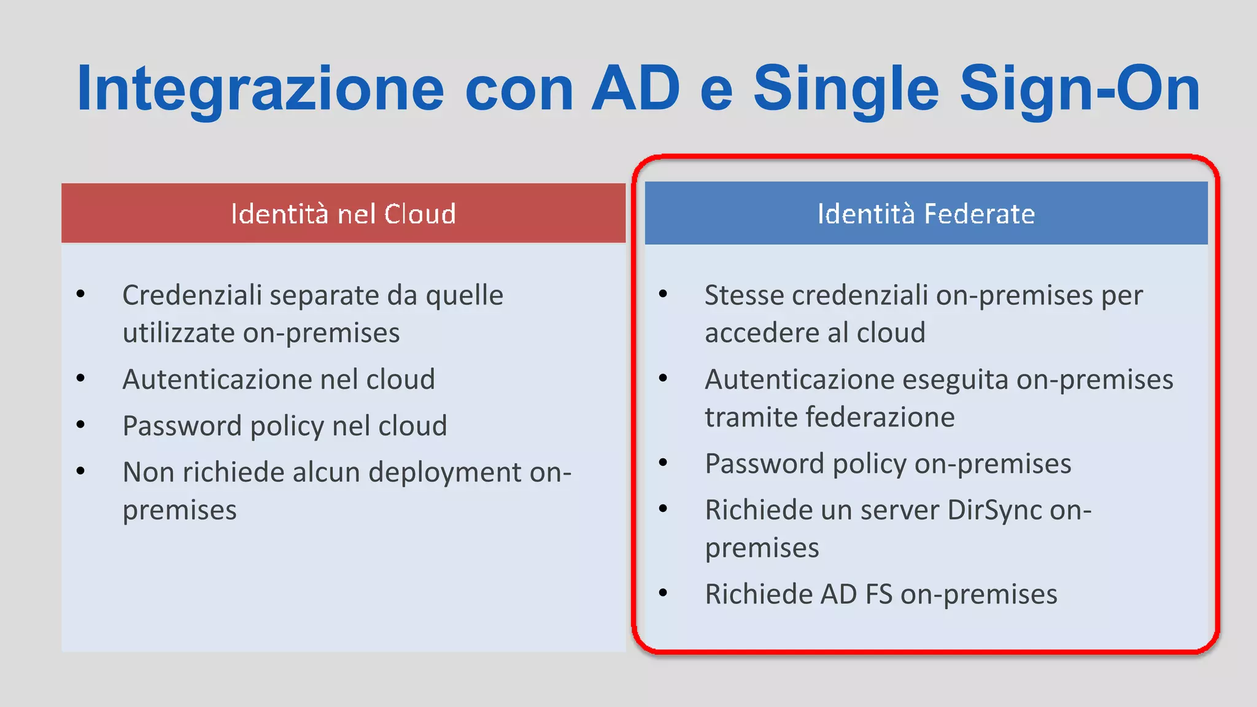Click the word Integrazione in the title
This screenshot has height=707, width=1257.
coord(260,90)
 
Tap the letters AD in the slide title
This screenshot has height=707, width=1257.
coord(635,90)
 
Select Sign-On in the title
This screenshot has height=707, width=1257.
coord(1080,90)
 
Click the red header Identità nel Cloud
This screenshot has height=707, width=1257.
coord(343,214)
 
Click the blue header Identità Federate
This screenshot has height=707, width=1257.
coord(926,214)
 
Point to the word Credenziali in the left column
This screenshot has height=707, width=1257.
coord(191,295)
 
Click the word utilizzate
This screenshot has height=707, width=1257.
coord(179,333)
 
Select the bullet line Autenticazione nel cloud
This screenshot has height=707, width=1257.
coord(279,379)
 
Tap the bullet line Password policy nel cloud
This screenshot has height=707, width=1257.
coord(285,426)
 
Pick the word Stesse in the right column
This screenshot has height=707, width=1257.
coord(744,295)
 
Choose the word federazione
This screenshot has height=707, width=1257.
coord(880,417)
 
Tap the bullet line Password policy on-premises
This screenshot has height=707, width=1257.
coord(888,464)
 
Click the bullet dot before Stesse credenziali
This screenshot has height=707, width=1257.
coord(663,294)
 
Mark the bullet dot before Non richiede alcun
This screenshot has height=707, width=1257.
coord(80,471)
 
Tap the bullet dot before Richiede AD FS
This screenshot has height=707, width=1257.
coord(663,593)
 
